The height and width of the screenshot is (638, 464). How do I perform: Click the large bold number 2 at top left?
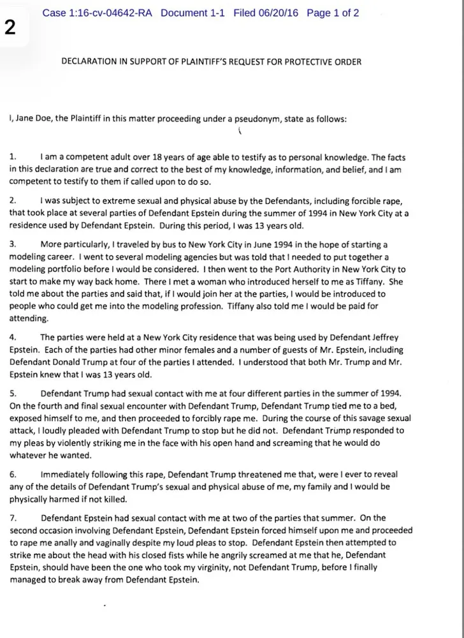(x=10, y=27)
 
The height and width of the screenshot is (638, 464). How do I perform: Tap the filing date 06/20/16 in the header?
(x=279, y=13)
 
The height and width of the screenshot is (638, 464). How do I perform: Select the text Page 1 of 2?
(x=333, y=13)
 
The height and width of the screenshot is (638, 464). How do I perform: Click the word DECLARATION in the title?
(x=90, y=62)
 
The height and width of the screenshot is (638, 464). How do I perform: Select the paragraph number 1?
(x=13, y=157)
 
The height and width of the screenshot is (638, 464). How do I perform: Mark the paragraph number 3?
(x=13, y=245)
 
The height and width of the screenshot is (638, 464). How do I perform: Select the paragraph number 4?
(x=13, y=337)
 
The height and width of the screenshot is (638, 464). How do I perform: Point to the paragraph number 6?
(x=13, y=475)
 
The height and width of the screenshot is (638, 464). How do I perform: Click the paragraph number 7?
(x=13, y=518)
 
